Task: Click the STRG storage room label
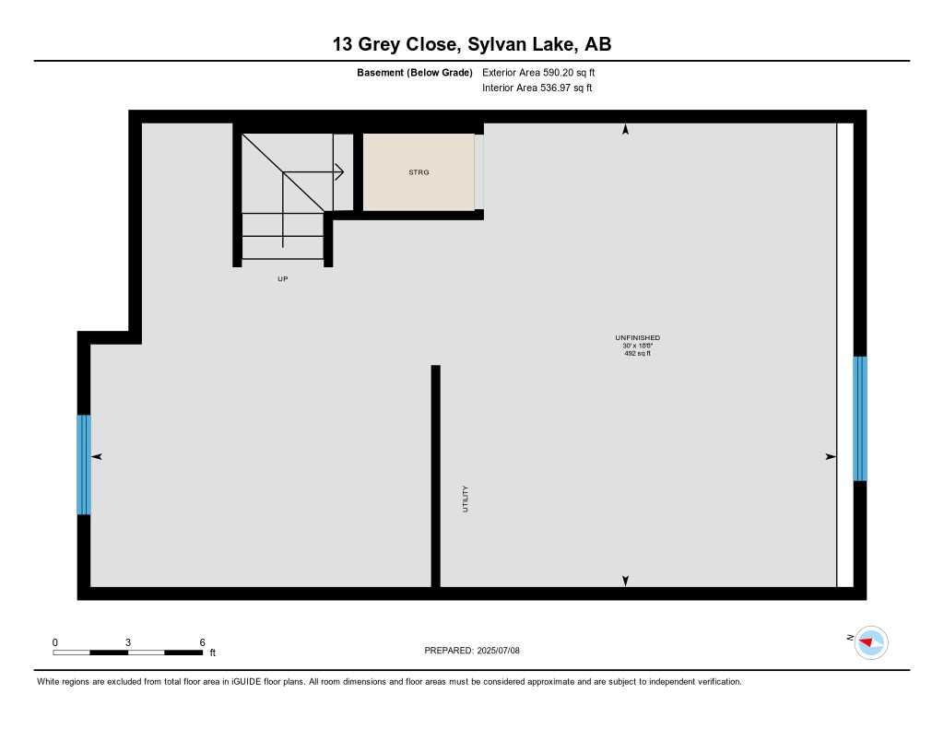point(419,172)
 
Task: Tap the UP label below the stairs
point(283,278)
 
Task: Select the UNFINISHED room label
point(637,338)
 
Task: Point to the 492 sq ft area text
point(637,353)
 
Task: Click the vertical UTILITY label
point(466,499)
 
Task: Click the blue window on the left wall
point(84,464)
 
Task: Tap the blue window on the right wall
point(859,418)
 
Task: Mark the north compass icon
point(869,641)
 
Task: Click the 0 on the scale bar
point(55,642)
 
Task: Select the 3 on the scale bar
point(128,642)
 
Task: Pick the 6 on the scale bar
point(202,642)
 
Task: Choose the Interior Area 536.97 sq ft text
point(537,88)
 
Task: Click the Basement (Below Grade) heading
point(415,72)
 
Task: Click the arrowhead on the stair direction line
point(339,171)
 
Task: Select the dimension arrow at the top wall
point(625,130)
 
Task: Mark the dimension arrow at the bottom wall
point(625,581)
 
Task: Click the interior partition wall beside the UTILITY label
point(436,476)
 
